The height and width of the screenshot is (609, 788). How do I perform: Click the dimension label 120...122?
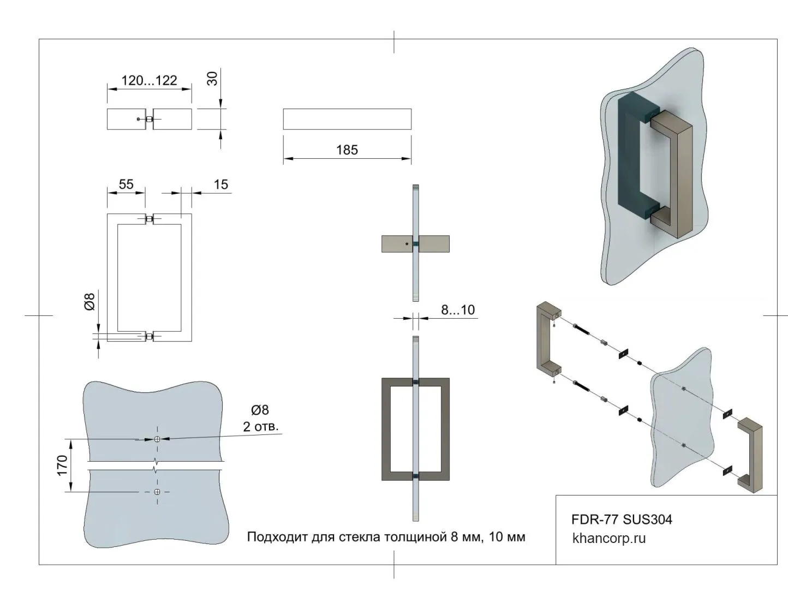pyautogui.click(x=149, y=81)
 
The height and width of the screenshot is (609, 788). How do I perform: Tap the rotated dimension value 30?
pyautogui.click(x=212, y=79)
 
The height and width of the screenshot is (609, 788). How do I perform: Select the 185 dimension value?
pyautogui.click(x=347, y=150)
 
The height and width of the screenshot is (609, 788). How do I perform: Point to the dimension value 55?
pyautogui.click(x=126, y=184)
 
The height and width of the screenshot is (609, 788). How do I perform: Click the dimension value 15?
pyautogui.click(x=220, y=184)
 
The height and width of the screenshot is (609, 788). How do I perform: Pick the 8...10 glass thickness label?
pyautogui.click(x=458, y=310)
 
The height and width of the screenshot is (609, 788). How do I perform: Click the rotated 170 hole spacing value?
pyautogui.click(x=62, y=465)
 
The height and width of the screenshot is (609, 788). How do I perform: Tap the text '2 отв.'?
pyautogui.click(x=260, y=426)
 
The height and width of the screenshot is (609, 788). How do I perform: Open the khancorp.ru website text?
pyautogui.click(x=608, y=538)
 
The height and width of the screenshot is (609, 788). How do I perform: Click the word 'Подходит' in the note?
pyautogui.click(x=277, y=537)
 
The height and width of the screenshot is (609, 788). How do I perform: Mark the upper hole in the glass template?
pyautogui.click(x=157, y=439)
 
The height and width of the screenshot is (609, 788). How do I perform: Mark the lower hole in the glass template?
pyautogui.click(x=157, y=492)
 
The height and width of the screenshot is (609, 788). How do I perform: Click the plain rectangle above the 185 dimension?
pyautogui.click(x=347, y=119)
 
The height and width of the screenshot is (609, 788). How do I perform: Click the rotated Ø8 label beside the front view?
pyautogui.click(x=90, y=302)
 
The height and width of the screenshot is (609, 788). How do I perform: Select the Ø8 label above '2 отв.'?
pyautogui.click(x=260, y=410)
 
